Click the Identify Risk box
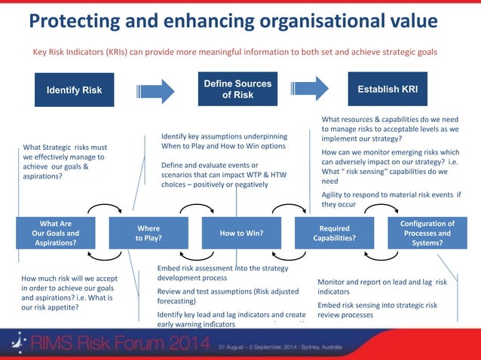[75, 90]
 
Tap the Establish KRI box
[388, 90]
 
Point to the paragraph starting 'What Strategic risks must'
[65, 162]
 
